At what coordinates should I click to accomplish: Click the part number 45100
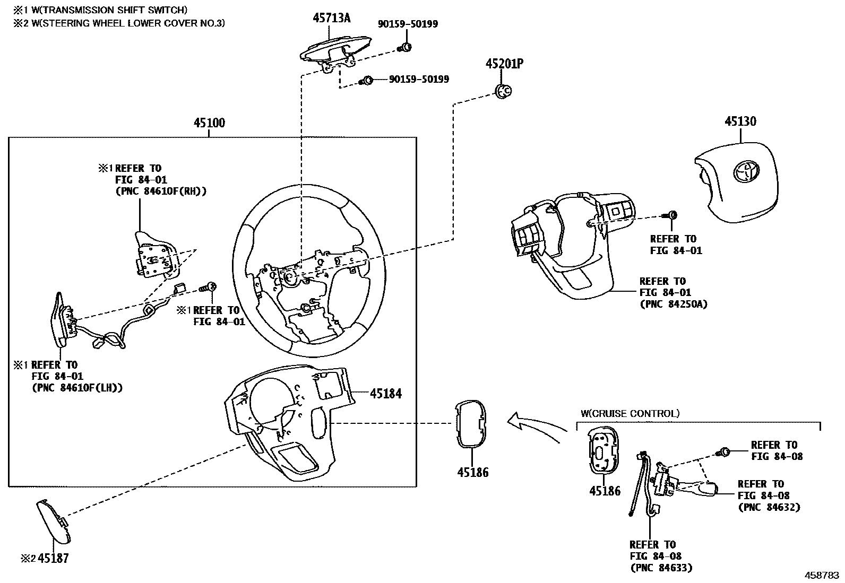point(209,123)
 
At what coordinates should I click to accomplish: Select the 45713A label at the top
point(331,18)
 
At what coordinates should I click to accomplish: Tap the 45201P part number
point(504,64)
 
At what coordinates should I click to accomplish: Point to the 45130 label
point(740,121)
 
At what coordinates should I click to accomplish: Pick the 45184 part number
point(386,394)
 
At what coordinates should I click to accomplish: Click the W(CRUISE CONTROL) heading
point(630,413)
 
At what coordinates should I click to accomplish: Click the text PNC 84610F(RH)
point(160,192)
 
